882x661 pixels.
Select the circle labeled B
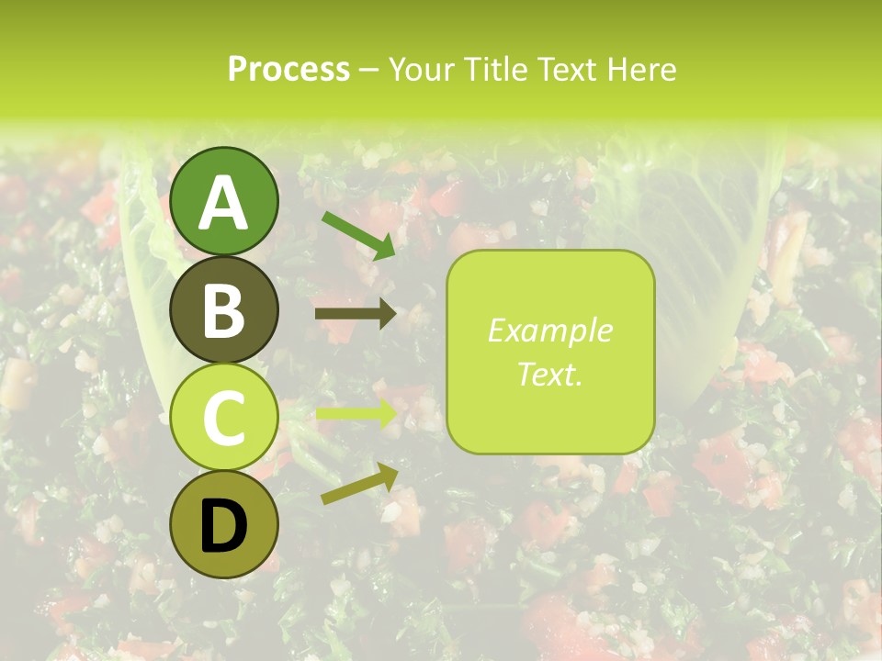tap(224, 309)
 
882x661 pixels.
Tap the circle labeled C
tap(224, 417)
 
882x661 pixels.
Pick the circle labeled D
tap(224, 524)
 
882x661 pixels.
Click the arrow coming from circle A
tap(358, 235)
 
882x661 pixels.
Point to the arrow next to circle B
tap(356, 314)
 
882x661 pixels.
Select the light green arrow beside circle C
tap(356, 414)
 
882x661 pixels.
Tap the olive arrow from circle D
tap(359, 484)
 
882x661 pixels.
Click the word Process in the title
tap(288, 69)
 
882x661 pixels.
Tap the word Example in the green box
tap(549, 331)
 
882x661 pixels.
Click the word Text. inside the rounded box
tap(549, 374)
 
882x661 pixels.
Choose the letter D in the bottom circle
tap(224, 527)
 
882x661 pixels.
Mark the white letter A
tap(224, 203)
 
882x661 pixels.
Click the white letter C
tap(224, 419)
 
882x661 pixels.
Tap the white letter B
tap(224, 311)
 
